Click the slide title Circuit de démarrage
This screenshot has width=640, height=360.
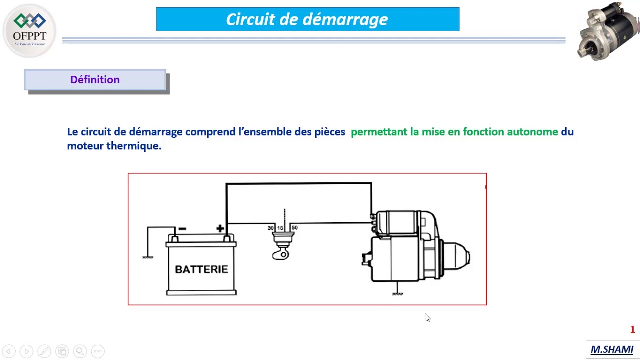coord(307,20)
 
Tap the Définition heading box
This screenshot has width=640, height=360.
coord(95,80)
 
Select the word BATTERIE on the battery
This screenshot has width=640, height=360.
coord(201,269)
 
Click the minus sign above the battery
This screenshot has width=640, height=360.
coord(182,229)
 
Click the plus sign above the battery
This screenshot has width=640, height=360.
coord(220,229)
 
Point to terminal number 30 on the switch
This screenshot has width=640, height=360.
coord(271,228)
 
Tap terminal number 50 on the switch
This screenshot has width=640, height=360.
coord(294,228)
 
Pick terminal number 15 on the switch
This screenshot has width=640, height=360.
coord(280,228)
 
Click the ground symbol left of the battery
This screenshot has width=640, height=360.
coord(148,257)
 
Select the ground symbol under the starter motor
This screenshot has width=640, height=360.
coord(397,294)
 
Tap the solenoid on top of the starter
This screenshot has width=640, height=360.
coord(400,223)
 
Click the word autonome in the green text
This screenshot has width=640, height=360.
coord(532,132)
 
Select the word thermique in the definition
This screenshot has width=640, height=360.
coord(133,146)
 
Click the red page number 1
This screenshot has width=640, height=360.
coord(632,330)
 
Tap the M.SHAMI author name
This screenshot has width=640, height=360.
coord(612,349)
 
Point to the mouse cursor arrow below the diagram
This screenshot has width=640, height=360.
coord(427,318)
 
